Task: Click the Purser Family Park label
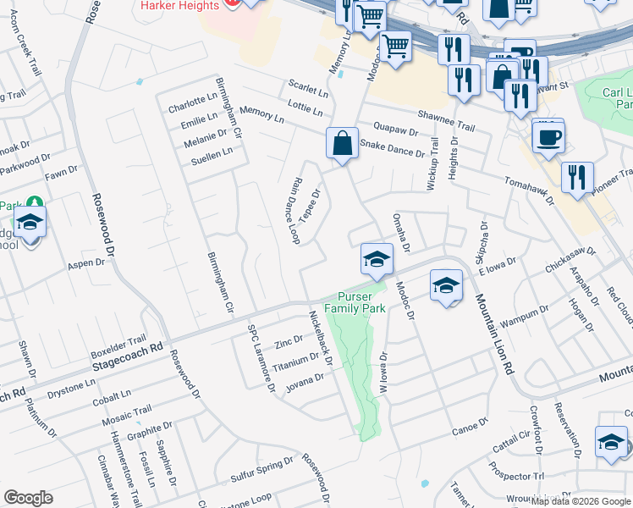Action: click(x=361, y=302)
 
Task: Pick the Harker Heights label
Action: click(x=177, y=6)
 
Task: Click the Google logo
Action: click(x=28, y=498)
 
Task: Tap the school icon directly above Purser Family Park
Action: click(x=377, y=260)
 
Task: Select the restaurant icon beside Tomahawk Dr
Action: click(x=576, y=178)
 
